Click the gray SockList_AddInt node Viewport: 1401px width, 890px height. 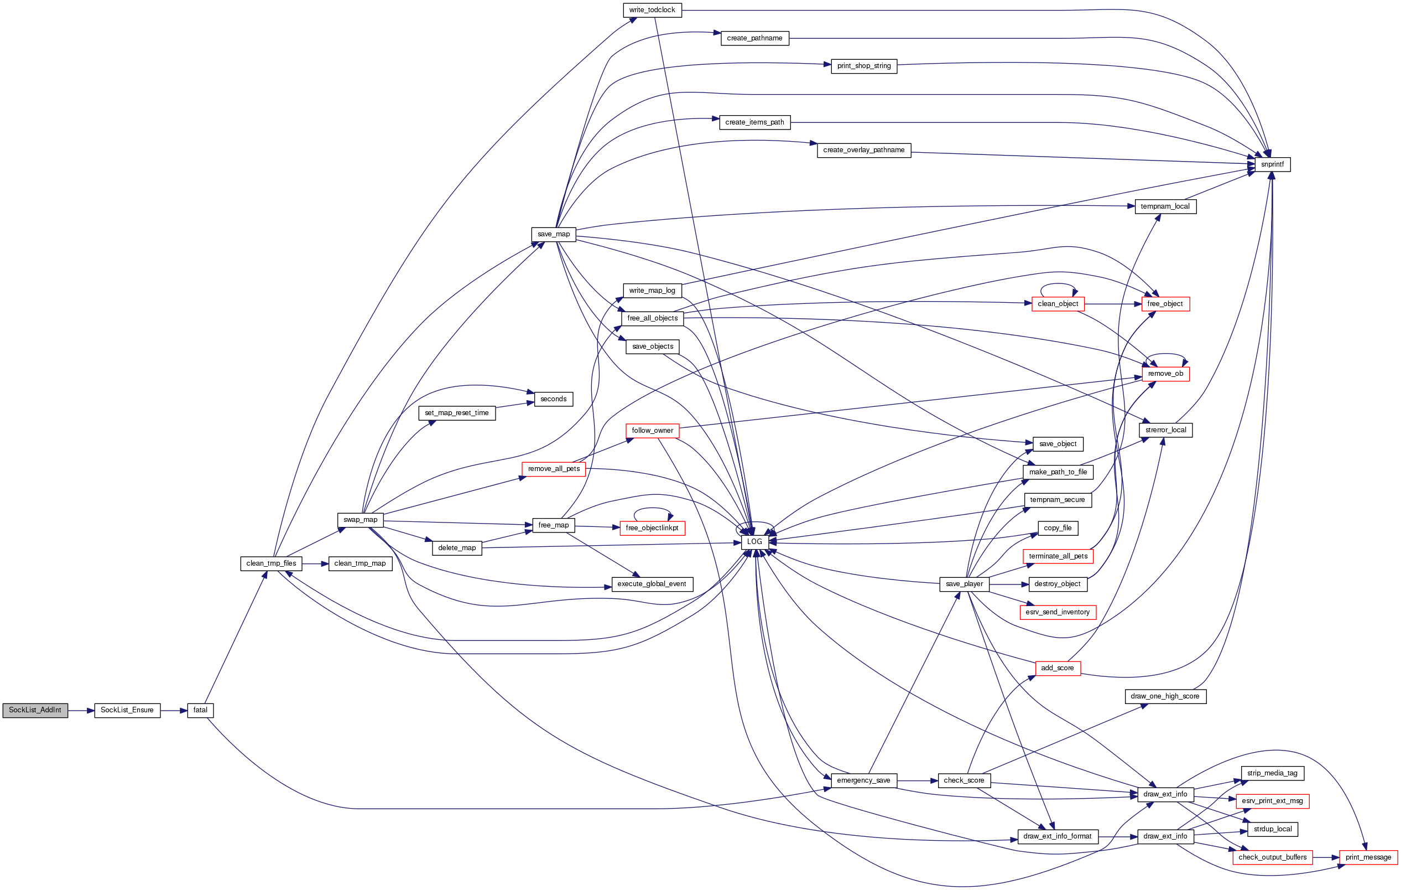point(35,710)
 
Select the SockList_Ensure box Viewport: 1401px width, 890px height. point(127,710)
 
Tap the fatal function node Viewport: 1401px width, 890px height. point(200,710)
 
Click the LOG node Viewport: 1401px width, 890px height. point(754,542)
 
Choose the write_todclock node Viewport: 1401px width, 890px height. point(652,10)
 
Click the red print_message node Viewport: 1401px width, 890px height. point(1368,857)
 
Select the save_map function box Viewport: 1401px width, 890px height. point(553,235)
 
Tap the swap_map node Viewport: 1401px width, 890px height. point(360,520)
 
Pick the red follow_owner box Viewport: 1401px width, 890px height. point(652,431)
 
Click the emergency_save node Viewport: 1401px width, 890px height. point(863,780)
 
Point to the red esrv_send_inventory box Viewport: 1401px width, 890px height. point(1057,612)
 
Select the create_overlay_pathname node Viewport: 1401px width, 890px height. point(863,150)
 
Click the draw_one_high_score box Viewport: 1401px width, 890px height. point(1165,696)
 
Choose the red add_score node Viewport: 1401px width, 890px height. point(1057,668)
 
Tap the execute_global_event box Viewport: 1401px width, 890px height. point(652,584)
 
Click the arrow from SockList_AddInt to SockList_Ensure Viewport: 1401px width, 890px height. point(81,711)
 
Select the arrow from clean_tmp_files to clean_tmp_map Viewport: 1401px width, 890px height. point(315,563)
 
